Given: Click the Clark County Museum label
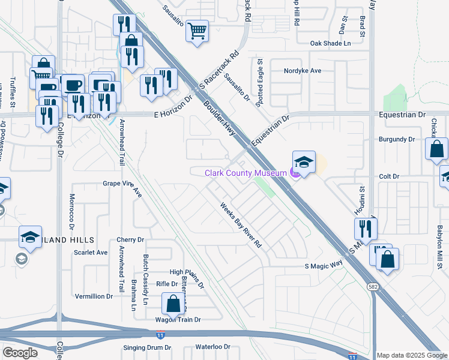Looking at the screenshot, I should (x=246, y=173).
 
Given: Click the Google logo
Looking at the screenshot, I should (x=20, y=352).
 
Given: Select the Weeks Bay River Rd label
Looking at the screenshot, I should (x=241, y=226).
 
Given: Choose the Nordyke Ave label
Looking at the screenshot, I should (x=303, y=70).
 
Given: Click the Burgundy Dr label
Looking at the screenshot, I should (x=397, y=139).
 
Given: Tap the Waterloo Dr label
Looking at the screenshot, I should (x=213, y=347).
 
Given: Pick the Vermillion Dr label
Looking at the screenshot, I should (x=94, y=296).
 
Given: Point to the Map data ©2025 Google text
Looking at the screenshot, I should (x=412, y=355).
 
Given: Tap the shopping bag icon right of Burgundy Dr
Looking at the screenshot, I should (x=437, y=149).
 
